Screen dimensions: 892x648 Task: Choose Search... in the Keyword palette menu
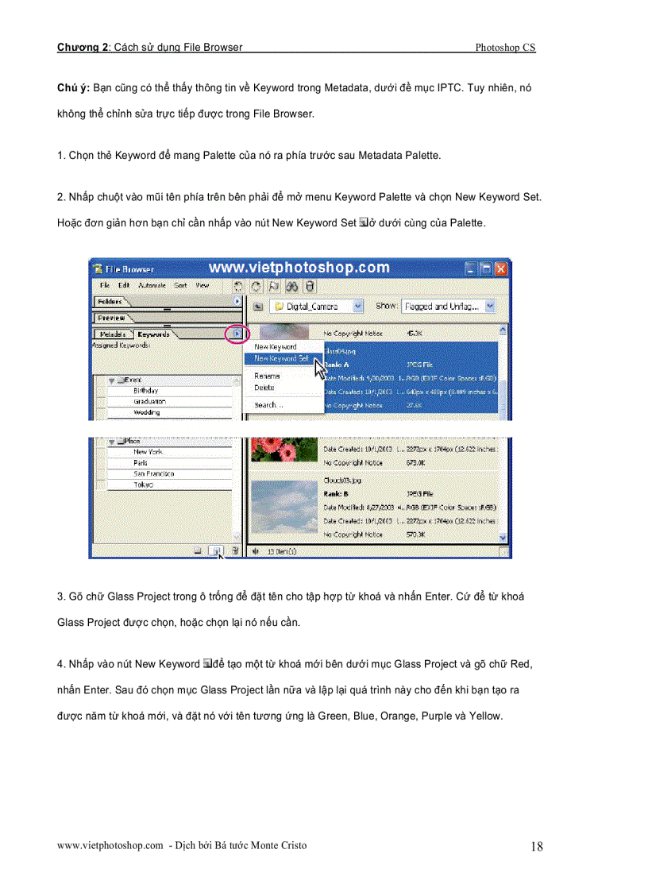pyautogui.click(x=268, y=405)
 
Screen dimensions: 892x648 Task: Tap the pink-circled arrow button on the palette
pyautogui.click(x=237, y=334)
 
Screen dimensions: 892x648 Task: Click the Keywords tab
pyautogui.click(x=152, y=334)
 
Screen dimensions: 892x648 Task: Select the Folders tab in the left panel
pyautogui.click(x=109, y=302)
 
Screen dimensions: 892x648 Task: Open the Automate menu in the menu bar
pyautogui.click(x=152, y=285)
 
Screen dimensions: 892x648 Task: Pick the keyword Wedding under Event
pyautogui.click(x=147, y=413)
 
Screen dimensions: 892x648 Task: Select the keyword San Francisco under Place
pyautogui.click(x=154, y=473)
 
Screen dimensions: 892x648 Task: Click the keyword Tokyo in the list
pyautogui.click(x=144, y=485)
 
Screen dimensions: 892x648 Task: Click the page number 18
pyautogui.click(x=537, y=847)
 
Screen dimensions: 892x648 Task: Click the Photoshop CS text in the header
pyautogui.click(x=505, y=48)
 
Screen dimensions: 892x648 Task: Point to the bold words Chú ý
pyautogui.click(x=73, y=87)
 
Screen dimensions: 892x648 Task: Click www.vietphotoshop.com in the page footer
pyautogui.click(x=110, y=846)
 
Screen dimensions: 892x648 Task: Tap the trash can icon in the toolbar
pyautogui.click(x=310, y=286)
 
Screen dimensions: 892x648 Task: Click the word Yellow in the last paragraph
pyautogui.click(x=484, y=716)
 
